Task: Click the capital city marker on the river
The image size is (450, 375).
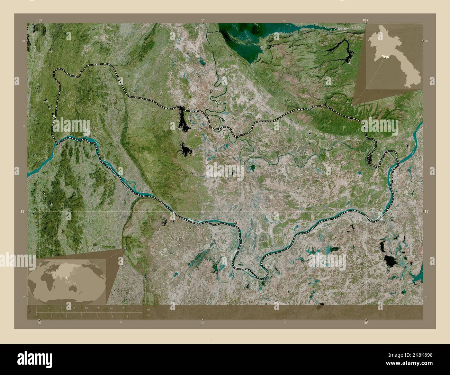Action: point(236,223)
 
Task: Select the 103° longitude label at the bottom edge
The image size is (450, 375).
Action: point(366,322)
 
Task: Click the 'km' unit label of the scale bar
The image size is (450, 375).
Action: point(148,309)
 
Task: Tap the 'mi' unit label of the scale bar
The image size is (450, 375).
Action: point(148,315)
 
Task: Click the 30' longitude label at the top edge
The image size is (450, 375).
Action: point(203,20)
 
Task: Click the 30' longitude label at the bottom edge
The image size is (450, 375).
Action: point(203,322)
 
